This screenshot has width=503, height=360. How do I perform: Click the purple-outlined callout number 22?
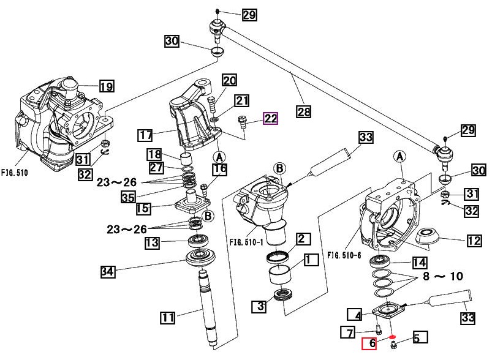tap(270, 119)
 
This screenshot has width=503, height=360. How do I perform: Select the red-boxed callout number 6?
tap(369, 343)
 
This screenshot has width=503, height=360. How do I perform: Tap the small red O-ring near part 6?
tap(392, 337)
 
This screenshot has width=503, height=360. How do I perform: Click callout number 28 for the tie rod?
tap(303, 111)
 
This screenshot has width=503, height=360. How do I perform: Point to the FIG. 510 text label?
tap(15, 173)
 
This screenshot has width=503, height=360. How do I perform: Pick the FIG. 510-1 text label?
tap(246, 242)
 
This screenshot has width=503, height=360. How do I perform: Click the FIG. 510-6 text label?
tap(344, 255)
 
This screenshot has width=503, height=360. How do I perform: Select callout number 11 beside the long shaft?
tap(168, 318)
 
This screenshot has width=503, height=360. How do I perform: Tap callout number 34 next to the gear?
tap(108, 271)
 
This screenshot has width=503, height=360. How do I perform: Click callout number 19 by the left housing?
tap(107, 86)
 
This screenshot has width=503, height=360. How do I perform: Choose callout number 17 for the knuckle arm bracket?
tap(145, 135)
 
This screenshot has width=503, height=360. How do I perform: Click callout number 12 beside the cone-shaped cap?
tap(474, 241)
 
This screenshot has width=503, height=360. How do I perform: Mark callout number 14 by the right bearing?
tap(420, 263)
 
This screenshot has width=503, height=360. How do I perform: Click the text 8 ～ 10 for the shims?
tap(443, 276)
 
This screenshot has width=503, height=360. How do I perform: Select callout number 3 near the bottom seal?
tap(260, 306)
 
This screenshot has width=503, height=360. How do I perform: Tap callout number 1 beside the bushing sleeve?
tap(311, 260)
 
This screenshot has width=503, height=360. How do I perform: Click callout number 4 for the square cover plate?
tap(355, 314)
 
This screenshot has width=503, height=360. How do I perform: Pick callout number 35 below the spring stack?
tap(128, 197)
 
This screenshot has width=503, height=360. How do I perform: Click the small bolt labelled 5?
tap(393, 345)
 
